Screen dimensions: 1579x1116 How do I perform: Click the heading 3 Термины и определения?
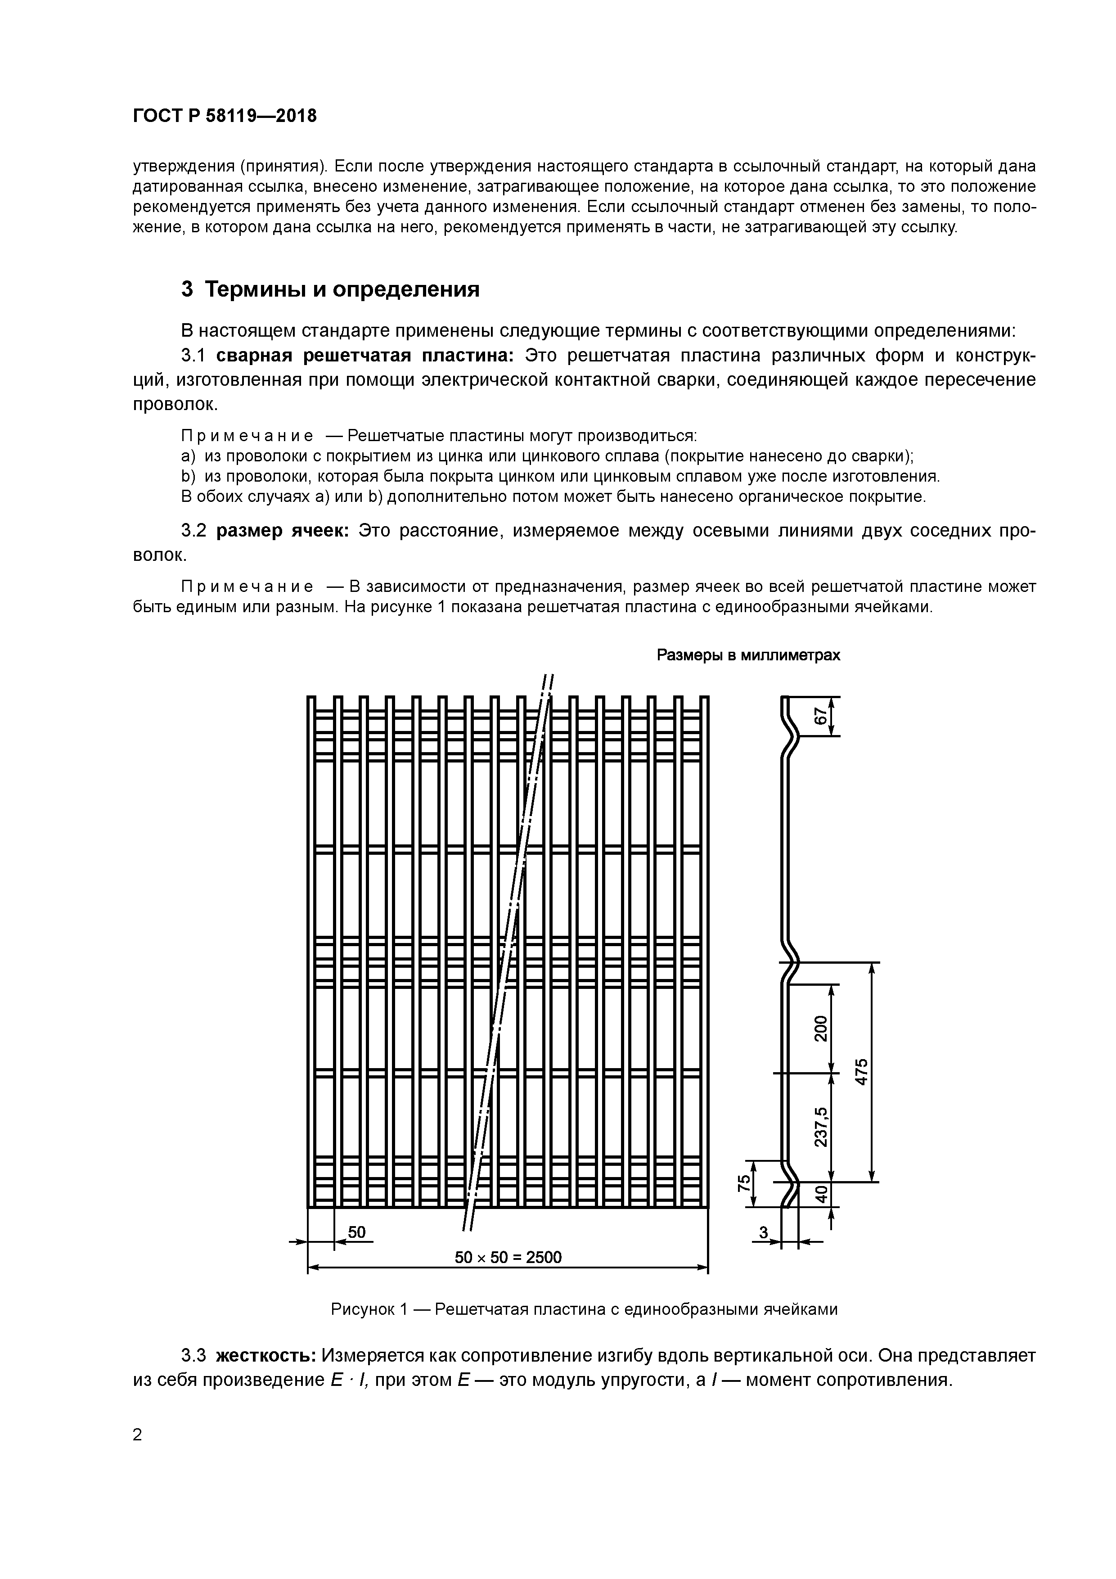pos(330,289)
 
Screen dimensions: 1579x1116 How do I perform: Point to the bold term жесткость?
pos(265,1355)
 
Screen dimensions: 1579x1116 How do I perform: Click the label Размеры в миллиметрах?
pos(748,655)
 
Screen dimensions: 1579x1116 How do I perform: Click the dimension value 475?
pos(861,1071)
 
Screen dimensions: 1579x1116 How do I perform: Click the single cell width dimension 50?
pos(356,1232)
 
